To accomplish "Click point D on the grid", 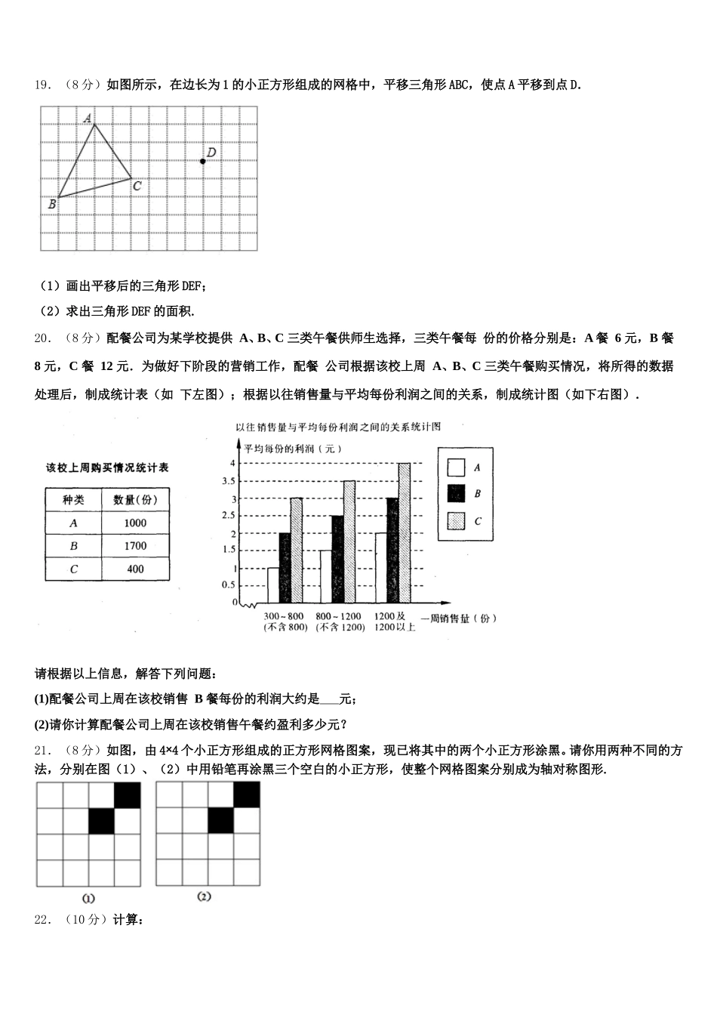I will (x=202, y=161).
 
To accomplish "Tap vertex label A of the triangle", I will (x=88, y=117).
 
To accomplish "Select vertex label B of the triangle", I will (x=52, y=203).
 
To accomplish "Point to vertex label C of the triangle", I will (x=137, y=185).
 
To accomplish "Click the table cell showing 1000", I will (x=134, y=523).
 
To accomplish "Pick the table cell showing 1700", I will (x=134, y=546).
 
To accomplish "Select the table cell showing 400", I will (x=134, y=569).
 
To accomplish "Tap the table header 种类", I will (x=73, y=499).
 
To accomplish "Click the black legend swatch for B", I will (x=456, y=494).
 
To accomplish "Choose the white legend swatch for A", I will (x=456, y=467).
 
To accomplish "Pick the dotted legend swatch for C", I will (x=456, y=521).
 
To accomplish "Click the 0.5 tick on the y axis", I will (x=229, y=585).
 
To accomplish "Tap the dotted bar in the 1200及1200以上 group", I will (x=404, y=533).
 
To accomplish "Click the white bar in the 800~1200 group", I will (x=325, y=577).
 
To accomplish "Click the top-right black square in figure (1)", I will (x=128, y=795).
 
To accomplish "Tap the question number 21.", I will (x=42, y=751).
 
